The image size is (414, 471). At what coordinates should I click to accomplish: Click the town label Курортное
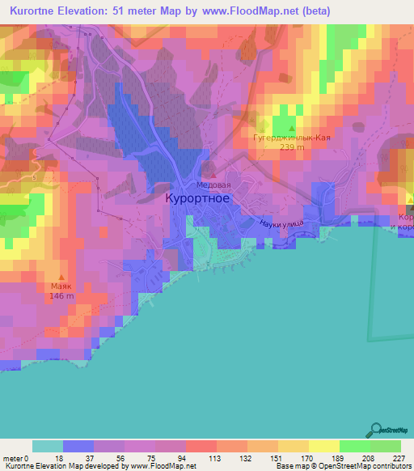(202, 198)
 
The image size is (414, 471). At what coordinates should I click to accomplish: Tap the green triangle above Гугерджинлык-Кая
(290, 128)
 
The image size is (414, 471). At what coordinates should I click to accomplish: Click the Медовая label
(213, 183)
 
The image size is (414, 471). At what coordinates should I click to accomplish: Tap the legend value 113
(201, 457)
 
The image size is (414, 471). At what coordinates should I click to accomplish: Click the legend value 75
(139, 457)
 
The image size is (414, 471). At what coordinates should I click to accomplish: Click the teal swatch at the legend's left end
(47, 446)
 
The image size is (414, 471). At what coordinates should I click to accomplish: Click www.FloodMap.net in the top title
(256, 9)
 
